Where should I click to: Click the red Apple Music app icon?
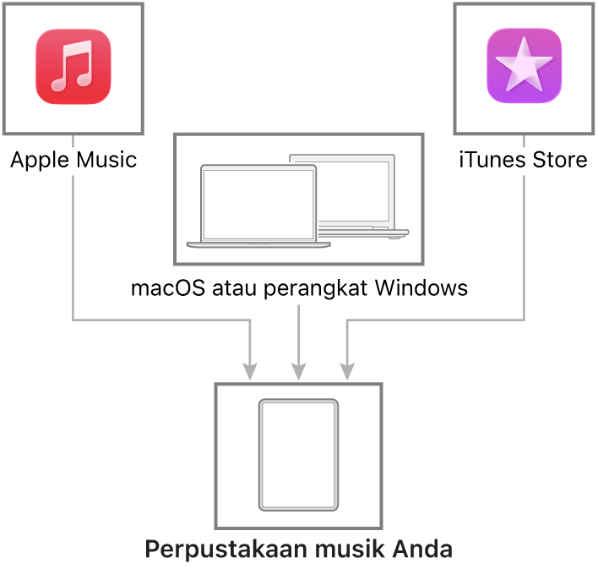coord(73,67)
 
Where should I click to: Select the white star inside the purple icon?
coord(524,65)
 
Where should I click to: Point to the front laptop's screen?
coord(258,204)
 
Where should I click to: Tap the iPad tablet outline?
coord(298,455)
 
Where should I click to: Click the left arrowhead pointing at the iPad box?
coord(250,372)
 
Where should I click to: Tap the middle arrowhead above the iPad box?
coord(298,372)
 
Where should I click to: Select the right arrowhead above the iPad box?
coord(347,372)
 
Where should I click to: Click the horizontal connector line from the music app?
coord(160,320)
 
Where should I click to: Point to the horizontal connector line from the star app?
coord(435,320)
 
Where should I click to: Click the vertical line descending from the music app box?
coord(73,245)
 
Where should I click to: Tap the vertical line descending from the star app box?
coord(525,245)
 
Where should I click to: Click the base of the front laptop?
coord(258,245)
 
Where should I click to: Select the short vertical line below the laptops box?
coord(298,330)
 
